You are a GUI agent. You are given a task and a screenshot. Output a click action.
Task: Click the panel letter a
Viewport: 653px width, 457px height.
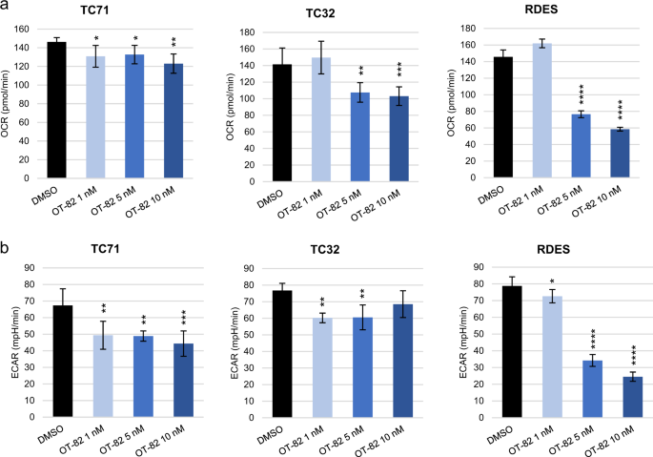7,8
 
